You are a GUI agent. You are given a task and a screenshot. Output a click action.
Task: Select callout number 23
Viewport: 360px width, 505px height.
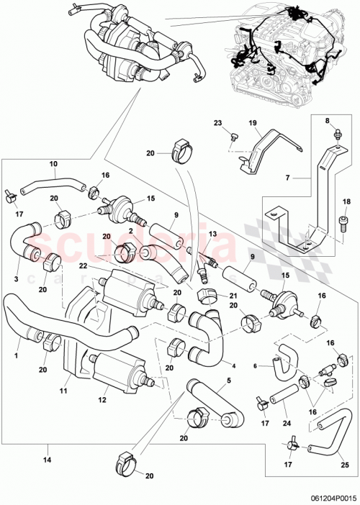tap(218, 123)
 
